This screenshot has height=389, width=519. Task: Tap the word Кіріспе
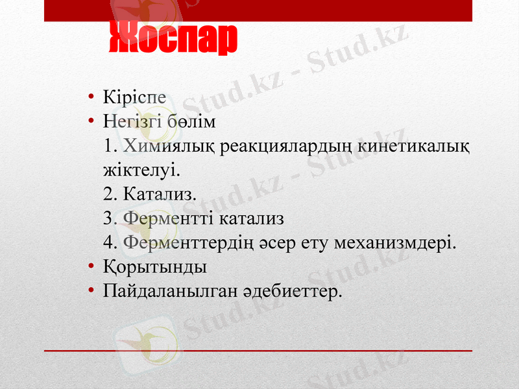tap(134, 97)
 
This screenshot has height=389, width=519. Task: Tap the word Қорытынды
tap(154, 267)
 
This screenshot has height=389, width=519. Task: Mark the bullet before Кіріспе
tap(92, 98)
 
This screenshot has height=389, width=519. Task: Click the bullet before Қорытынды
tap(92, 267)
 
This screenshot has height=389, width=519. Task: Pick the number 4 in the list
tap(108, 242)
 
